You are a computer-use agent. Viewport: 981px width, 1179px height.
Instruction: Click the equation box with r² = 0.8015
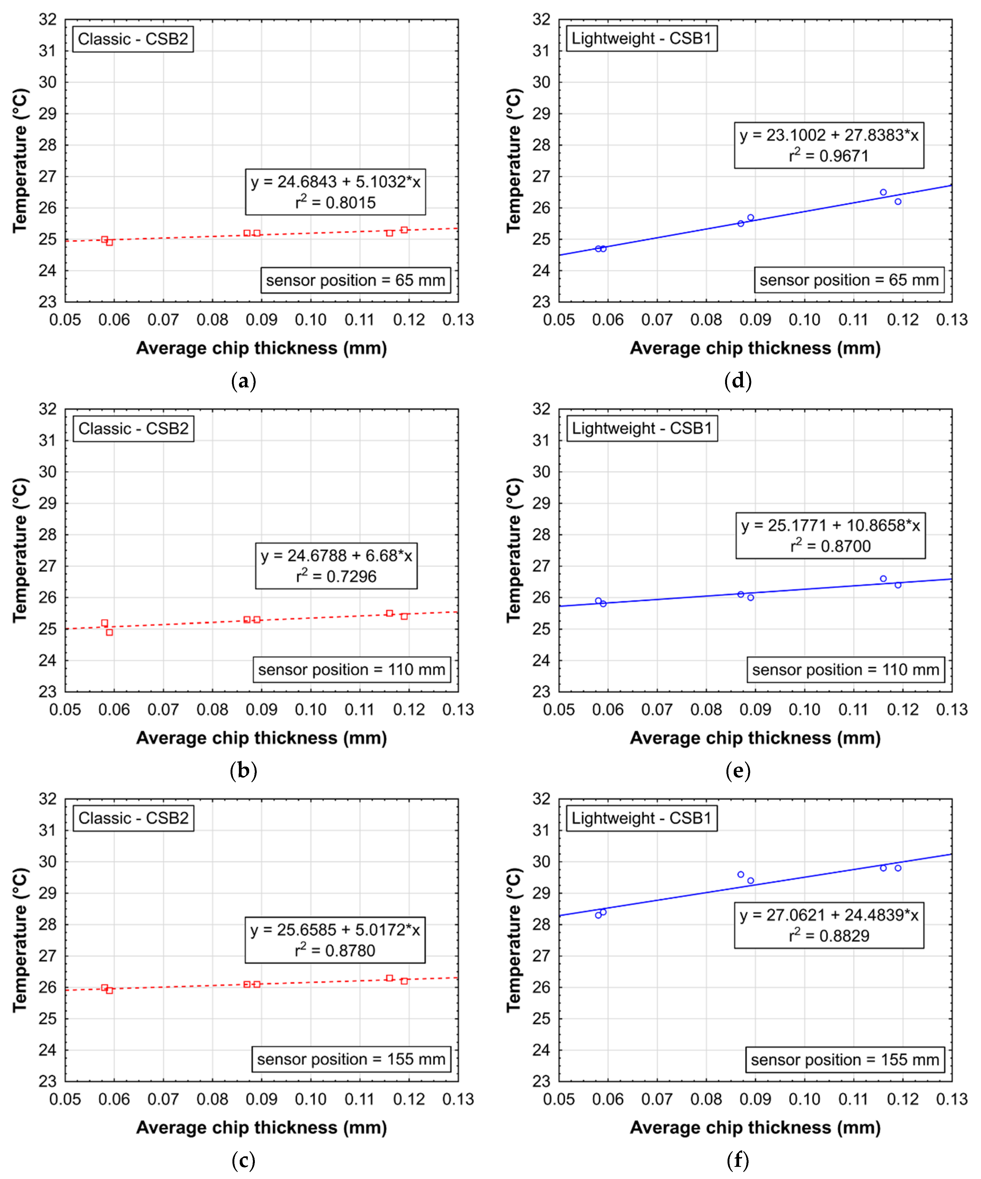[335, 192]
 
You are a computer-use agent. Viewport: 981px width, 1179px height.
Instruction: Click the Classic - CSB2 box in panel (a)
[133, 39]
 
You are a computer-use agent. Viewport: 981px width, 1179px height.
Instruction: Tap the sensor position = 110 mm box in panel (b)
[351, 670]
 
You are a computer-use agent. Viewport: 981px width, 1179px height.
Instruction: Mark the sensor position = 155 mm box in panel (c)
[351, 1059]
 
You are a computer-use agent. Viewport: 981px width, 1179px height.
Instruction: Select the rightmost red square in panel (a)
[404, 230]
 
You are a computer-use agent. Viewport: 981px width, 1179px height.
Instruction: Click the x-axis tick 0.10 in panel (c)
[310, 1099]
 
